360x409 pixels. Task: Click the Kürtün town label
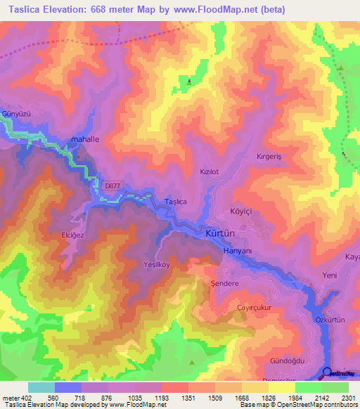pyautogui.click(x=221, y=233)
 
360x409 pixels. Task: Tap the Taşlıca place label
pyautogui.click(x=175, y=202)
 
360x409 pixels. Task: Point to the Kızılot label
pyautogui.click(x=211, y=171)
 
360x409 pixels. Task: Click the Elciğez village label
pyautogui.click(x=72, y=236)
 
